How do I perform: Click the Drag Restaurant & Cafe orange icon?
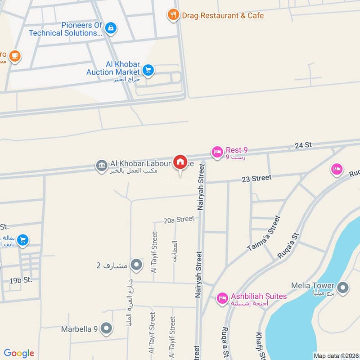pos(173,15)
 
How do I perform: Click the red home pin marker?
pos(180,162)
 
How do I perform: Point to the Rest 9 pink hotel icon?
pos(217,152)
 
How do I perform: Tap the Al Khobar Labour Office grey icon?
pos(101,166)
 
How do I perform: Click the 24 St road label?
pos(303,145)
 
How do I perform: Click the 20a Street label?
pos(179,220)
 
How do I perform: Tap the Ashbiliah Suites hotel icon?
pos(222,298)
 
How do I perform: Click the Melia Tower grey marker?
pos(343,287)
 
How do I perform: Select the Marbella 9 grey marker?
pos(107,328)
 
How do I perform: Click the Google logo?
pos(19,353)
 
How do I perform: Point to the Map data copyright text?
pos(336,355)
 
